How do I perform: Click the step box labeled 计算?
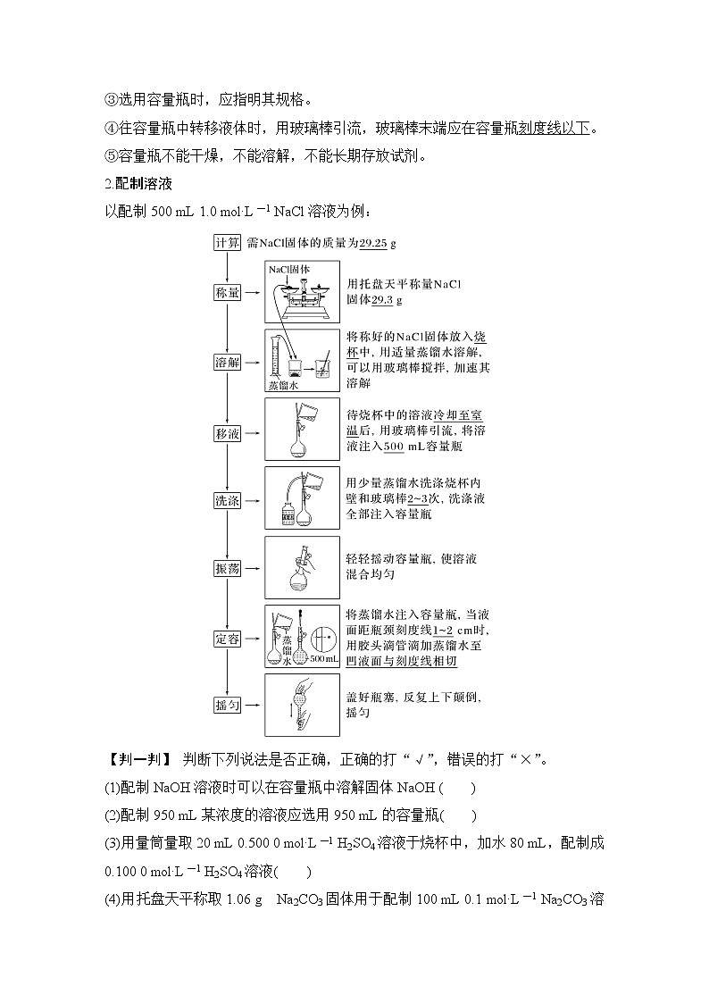[228, 243]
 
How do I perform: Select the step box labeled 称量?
[228, 293]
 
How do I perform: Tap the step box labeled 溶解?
[228, 362]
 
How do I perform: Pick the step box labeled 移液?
[228, 432]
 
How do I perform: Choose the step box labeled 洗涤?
[228, 500]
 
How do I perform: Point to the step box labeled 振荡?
[228, 569]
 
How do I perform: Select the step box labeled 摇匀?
[228, 705]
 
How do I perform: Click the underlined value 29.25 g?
[377, 243]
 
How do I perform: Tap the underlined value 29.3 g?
[386, 300]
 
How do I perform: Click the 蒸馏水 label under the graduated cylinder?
[282, 386]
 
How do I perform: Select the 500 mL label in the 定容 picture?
[324, 659]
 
